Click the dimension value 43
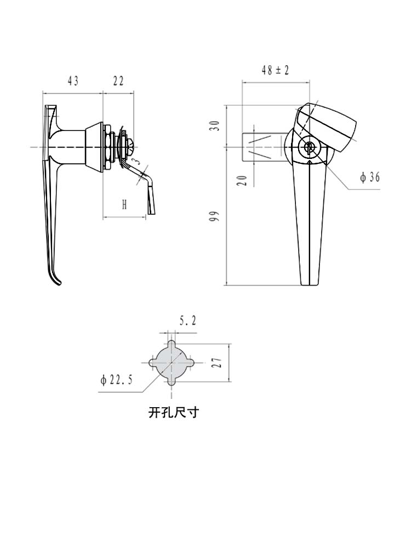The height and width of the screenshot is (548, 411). (73, 81)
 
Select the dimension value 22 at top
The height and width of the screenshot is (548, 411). (118, 81)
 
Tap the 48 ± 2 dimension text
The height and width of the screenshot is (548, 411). (275, 70)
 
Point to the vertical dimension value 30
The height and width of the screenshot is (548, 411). (215, 125)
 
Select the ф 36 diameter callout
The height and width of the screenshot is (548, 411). (370, 177)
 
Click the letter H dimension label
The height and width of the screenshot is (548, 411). (124, 205)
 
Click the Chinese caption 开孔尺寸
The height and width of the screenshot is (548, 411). (173, 412)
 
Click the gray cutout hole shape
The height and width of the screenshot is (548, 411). (172, 362)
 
